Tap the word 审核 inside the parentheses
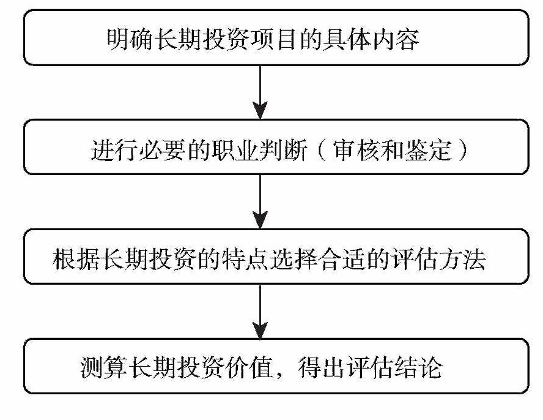click(x=361, y=151)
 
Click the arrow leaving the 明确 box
click(x=260, y=91)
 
